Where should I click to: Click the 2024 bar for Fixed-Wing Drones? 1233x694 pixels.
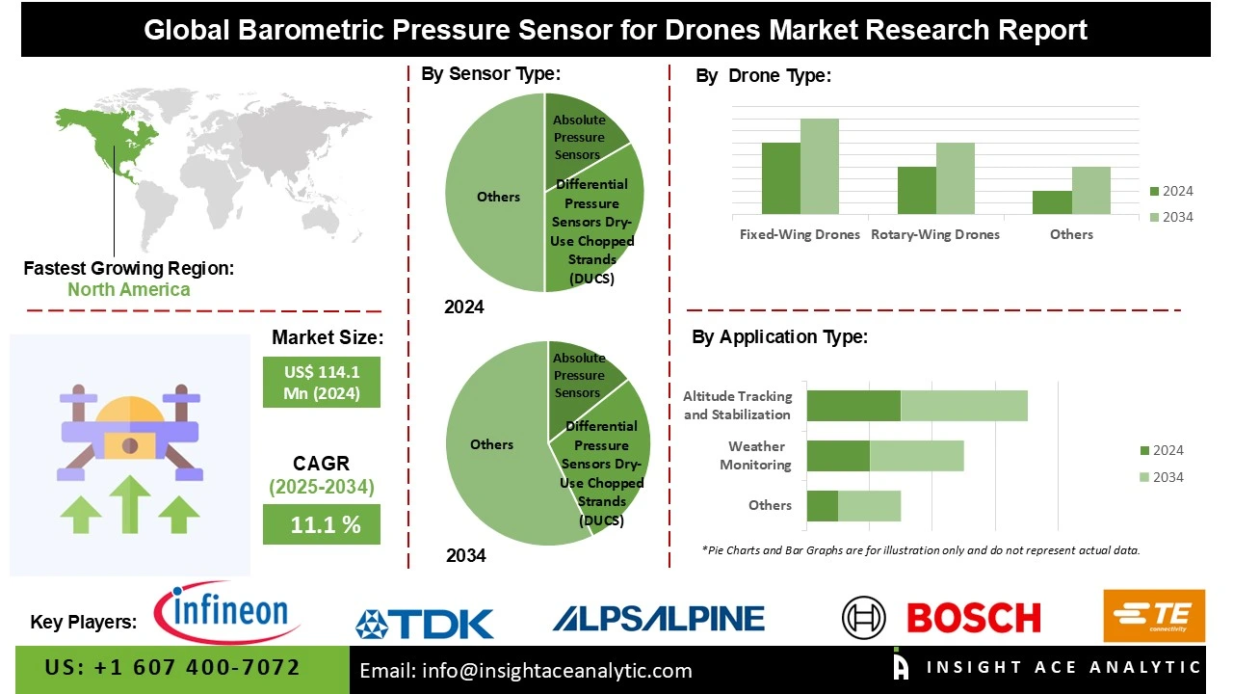[780, 178]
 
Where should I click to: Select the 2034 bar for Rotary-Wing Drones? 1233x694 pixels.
[955, 178]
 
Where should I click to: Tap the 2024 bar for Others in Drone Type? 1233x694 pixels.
[1052, 202]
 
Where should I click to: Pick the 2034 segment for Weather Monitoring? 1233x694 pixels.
[916, 455]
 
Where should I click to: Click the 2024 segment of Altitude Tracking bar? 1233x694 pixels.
[853, 406]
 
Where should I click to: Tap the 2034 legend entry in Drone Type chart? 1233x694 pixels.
[1170, 217]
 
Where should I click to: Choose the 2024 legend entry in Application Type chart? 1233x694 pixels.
[1161, 450]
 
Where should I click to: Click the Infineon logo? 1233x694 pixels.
[228, 612]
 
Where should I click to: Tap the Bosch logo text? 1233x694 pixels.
[973, 618]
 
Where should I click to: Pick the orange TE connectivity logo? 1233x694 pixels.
[1153, 615]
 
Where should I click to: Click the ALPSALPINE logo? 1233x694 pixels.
[658, 619]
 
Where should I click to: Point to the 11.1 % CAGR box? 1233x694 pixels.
[322, 524]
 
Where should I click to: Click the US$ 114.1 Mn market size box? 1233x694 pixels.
[322, 382]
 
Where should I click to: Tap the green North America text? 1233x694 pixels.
[128, 289]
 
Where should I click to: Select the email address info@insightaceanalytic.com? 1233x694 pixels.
[526, 671]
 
